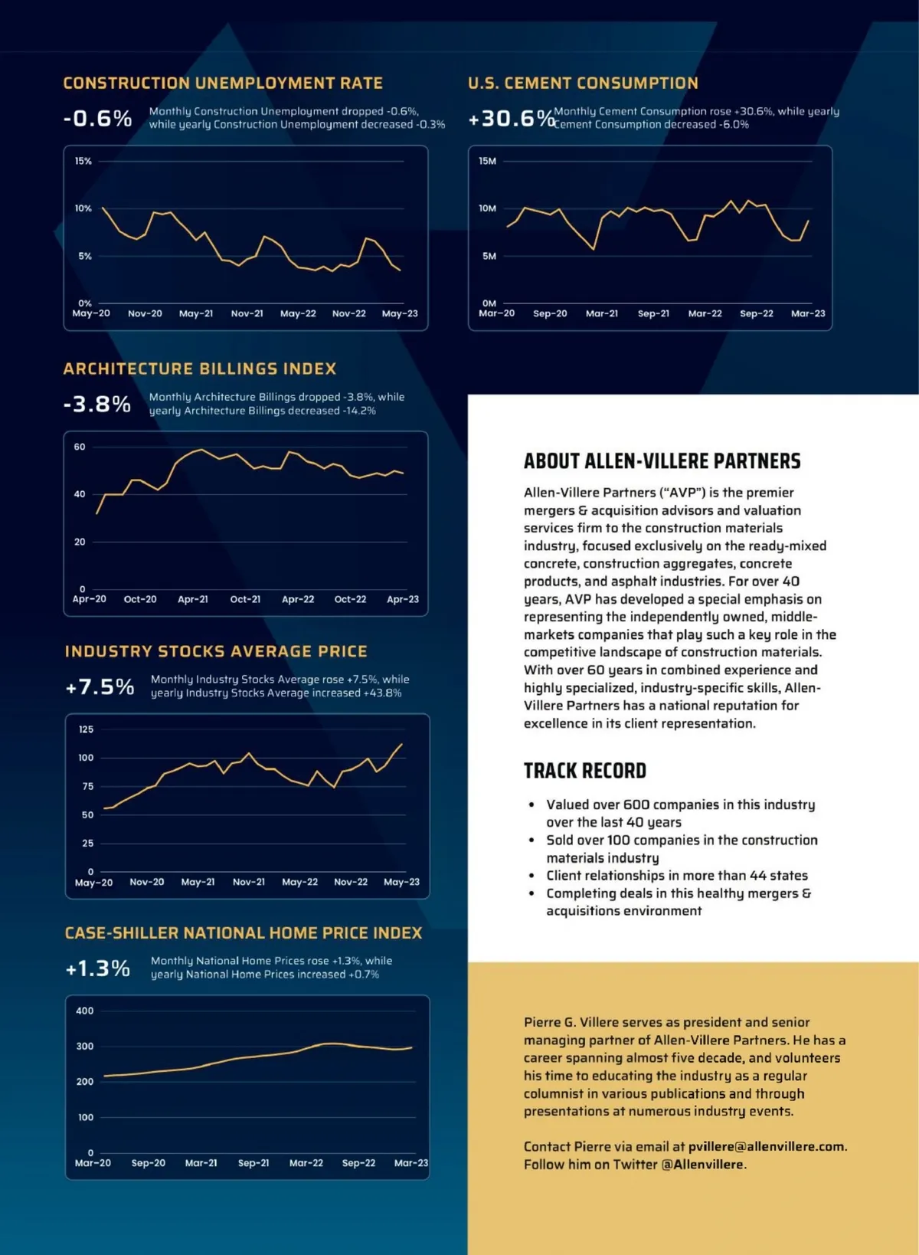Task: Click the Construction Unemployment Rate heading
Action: click(x=223, y=83)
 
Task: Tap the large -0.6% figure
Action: click(x=97, y=119)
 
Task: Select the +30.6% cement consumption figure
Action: click(x=510, y=119)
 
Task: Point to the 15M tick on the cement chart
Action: click(x=487, y=161)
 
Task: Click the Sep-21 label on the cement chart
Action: click(x=653, y=313)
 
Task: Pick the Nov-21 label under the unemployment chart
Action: click(x=247, y=313)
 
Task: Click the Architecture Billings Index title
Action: click(x=200, y=369)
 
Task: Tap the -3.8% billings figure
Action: click(x=97, y=404)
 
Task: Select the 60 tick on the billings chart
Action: click(x=80, y=447)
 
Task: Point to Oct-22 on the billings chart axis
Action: click(x=350, y=599)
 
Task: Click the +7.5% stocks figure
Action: click(x=100, y=686)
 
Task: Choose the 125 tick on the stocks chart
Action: click(x=86, y=729)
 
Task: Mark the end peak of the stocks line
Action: click(x=402, y=744)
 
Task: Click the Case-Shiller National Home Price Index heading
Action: click(x=244, y=933)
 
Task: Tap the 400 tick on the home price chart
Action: click(x=84, y=1011)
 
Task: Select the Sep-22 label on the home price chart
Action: click(x=358, y=1163)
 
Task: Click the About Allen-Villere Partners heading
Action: click(x=662, y=461)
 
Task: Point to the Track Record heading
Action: click(x=585, y=771)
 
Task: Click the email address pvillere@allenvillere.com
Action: click(x=767, y=1147)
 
